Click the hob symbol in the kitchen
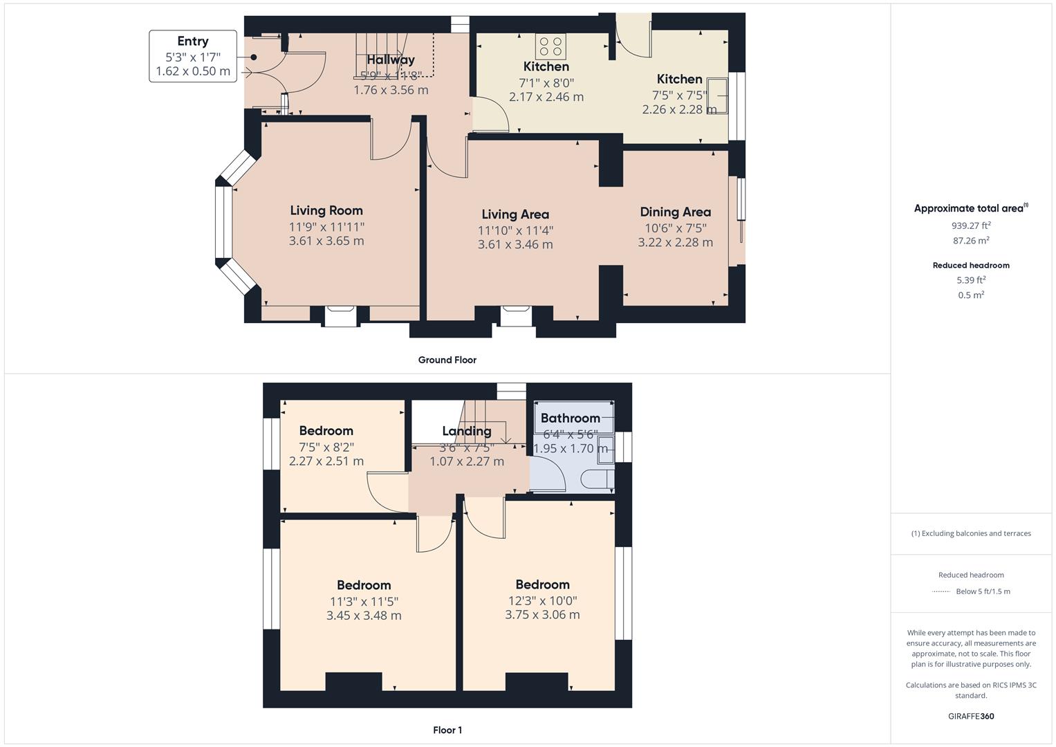(x=550, y=46)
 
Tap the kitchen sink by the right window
(x=722, y=95)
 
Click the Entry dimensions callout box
(x=193, y=56)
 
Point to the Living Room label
(x=326, y=210)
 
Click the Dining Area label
(x=675, y=212)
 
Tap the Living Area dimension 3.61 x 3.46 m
(x=515, y=244)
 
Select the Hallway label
(x=391, y=60)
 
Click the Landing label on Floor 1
(x=467, y=431)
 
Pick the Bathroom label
(x=570, y=418)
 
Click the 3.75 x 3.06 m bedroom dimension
(x=542, y=614)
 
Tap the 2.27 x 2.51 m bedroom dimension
(x=326, y=461)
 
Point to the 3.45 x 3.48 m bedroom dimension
(x=364, y=615)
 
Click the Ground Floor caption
(x=447, y=360)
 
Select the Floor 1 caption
(x=447, y=730)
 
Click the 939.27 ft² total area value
(x=971, y=225)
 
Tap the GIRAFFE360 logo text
(x=971, y=716)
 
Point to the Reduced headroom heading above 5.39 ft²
(x=971, y=265)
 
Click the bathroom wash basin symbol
(x=606, y=445)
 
